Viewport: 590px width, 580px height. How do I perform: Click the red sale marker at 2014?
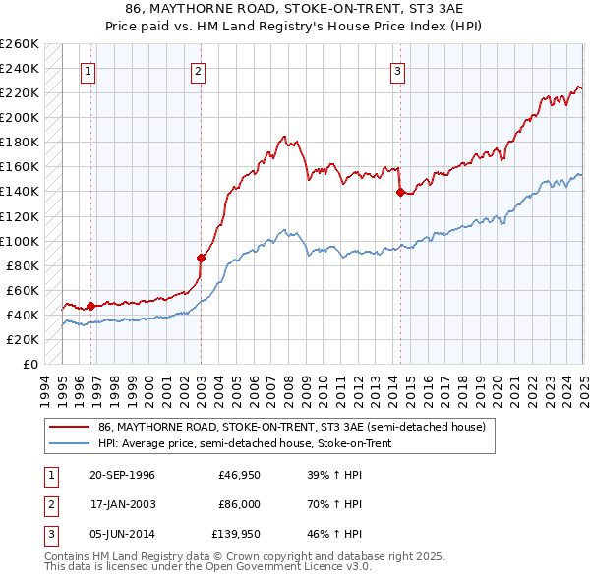click(x=400, y=193)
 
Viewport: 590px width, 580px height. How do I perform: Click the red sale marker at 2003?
click(x=201, y=259)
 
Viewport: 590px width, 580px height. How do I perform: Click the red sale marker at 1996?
click(x=90, y=306)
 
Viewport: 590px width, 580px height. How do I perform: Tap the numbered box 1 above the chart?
click(x=88, y=71)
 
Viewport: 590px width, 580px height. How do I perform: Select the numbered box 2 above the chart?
click(x=198, y=71)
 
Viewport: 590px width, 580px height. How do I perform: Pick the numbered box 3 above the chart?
click(x=398, y=71)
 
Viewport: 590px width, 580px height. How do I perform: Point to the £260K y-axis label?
click(x=19, y=44)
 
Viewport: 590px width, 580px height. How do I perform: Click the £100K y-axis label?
click(x=19, y=241)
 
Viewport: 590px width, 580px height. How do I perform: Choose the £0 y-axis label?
click(x=29, y=365)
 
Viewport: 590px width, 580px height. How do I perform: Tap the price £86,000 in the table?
click(x=239, y=505)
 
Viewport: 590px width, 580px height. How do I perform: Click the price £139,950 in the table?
click(x=236, y=536)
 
